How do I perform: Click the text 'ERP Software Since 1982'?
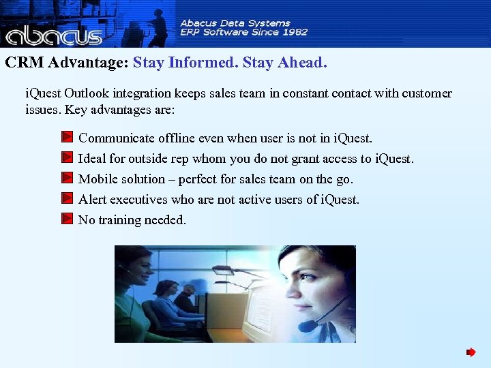pos(243,32)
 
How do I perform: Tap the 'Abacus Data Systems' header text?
pos(235,22)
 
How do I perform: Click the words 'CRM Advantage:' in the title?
pos(67,63)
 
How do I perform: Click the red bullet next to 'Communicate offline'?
pos(67,138)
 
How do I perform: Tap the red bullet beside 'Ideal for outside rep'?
pos(67,158)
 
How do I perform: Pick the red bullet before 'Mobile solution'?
pos(67,179)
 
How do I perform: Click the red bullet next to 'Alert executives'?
pos(67,199)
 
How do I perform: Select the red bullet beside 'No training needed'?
pos(67,219)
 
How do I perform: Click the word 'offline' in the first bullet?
pos(177,138)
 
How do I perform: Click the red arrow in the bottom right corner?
pos(471,352)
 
